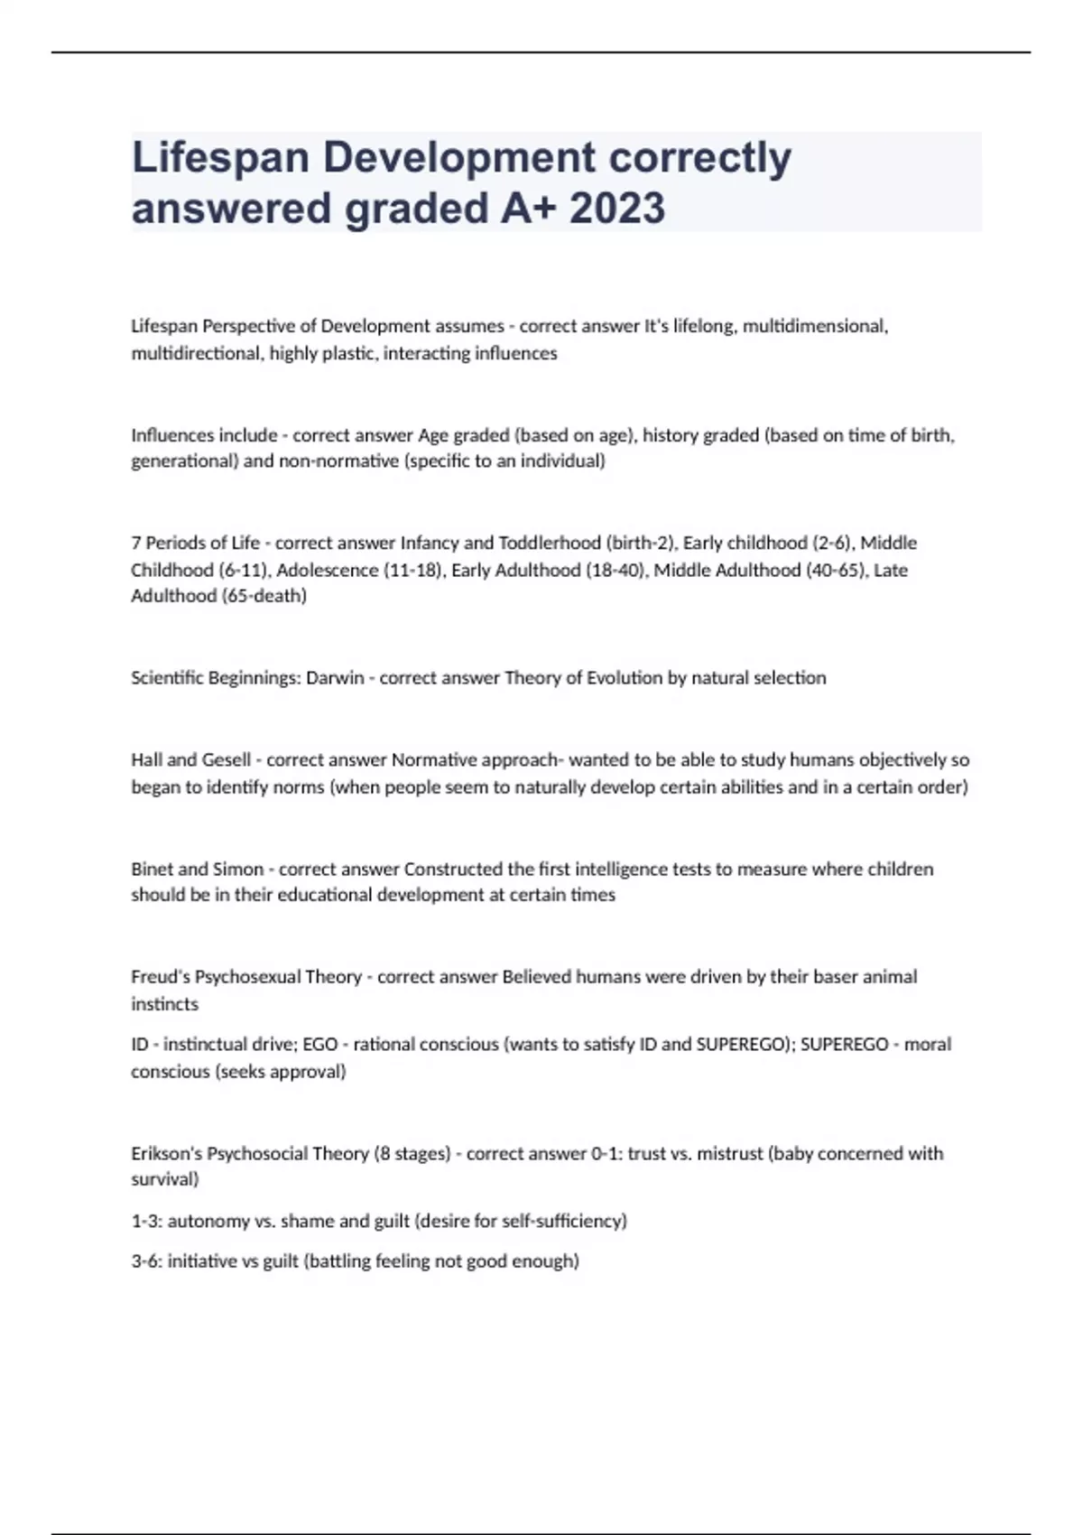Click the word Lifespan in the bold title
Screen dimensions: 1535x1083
pyautogui.click(x=221, y=158)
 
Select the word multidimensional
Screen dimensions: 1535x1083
pyautogui.click(x=815, y=326)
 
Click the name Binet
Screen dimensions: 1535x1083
pyautogui.click(x=153, y=869)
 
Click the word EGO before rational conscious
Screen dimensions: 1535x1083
pyautogui.click(x=320, y=1045)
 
